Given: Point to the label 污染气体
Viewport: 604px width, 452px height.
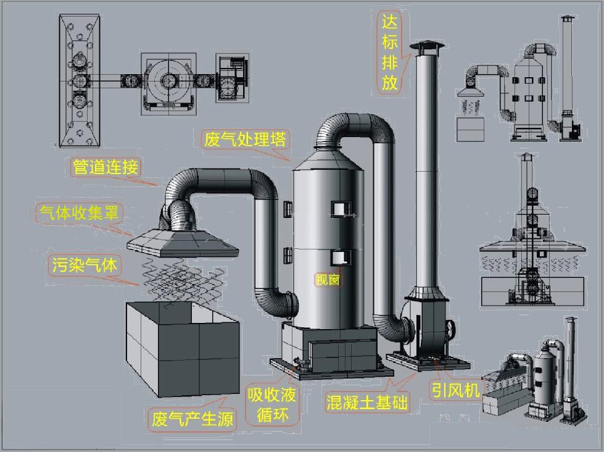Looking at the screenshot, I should pos(84,266).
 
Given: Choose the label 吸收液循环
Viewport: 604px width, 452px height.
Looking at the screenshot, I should pos(271,404).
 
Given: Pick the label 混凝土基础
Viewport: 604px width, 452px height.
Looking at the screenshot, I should pos(367,403).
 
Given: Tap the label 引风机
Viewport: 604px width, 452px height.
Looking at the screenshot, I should pos(455,390).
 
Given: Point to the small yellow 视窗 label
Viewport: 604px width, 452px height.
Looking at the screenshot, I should pos(327,280).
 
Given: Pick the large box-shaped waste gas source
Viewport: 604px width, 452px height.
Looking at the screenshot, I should pos(182,349).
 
